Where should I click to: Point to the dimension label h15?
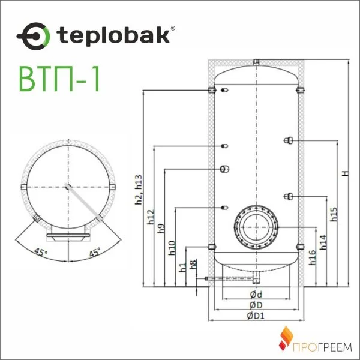(x=334, y=215)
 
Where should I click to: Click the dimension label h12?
(x=150, y=217)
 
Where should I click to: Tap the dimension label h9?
(x=161, y=229)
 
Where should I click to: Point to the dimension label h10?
(x=172, y=246)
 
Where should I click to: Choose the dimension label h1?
(x=182, y=268)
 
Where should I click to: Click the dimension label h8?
(x=193, y=265)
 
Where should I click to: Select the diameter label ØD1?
(x=256, y=317)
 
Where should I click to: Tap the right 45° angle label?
(x=94, y=251)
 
